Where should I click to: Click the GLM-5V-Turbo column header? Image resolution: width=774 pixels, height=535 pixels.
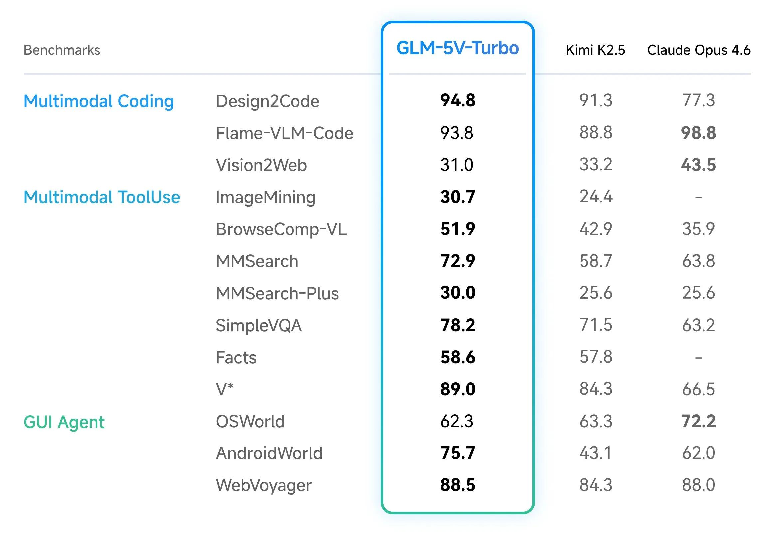click(x=458, y=48)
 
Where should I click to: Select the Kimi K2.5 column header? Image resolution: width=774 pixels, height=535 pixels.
click(x=595, y=50)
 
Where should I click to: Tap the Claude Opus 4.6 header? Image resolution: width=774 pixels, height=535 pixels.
click(x=698, y=50)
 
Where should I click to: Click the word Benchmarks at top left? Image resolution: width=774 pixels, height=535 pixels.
click(x=62, y=50)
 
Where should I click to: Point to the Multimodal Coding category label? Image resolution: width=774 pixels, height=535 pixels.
click(x=98, y=101)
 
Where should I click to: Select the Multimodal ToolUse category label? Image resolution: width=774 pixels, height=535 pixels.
click(x=101, y=197)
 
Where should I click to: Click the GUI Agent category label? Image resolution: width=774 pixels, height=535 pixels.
click(x=64, y=422)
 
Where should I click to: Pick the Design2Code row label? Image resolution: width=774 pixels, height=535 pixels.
click(x=267, y=101)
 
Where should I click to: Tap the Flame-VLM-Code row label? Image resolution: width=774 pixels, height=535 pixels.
click(x=284, y=133)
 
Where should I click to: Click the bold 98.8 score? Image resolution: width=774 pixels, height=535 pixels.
click(x=698, y=133)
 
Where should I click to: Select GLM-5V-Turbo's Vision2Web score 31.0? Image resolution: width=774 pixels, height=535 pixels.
click(x=457, y=165)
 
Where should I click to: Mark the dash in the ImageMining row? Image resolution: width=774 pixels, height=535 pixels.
click(x=698, y=197)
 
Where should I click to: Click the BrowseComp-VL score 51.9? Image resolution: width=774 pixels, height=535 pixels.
click(x=458, y=229)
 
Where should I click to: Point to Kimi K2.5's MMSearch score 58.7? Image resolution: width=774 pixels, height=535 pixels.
click(x=596, y=261)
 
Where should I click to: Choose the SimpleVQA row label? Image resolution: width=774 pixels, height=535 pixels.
click(x=259, y=325)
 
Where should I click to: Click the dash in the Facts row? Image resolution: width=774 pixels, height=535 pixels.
click(x=698, y=358)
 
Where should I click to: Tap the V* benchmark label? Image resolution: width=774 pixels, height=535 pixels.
click(x=224, y=389)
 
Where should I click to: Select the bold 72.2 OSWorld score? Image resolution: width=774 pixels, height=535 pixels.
click(x=698, y=421)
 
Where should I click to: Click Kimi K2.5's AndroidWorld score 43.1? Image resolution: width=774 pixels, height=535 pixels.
click(x=596, y=453)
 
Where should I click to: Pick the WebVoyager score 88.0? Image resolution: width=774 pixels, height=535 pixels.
click(x=698, y=485)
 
